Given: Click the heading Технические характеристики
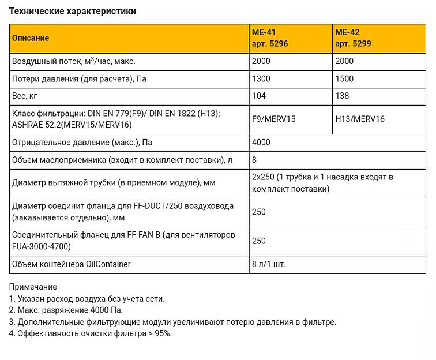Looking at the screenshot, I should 73,11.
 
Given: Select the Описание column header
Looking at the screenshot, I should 31,38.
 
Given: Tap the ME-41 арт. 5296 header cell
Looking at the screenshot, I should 270,38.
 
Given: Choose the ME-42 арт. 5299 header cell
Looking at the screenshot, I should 353,38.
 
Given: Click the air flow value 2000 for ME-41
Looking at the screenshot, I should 261,61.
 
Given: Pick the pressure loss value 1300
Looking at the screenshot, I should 261,78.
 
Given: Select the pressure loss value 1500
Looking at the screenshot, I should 344,78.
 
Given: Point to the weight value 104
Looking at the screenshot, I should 259,96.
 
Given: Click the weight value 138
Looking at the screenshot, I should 342,96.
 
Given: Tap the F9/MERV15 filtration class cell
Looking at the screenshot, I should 273,119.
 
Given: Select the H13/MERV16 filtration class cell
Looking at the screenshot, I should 360,119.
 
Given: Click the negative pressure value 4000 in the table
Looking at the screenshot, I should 261,142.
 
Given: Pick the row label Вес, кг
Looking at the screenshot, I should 25,96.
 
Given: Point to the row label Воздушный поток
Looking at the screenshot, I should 74,61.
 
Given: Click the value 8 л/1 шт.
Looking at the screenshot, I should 269,264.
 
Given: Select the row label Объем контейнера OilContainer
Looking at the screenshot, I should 72,264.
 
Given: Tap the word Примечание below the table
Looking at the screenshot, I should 33,287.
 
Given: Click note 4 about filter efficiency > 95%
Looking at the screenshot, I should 91,333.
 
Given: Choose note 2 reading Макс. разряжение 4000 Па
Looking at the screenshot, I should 66,310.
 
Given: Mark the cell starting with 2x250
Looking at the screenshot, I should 322,182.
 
